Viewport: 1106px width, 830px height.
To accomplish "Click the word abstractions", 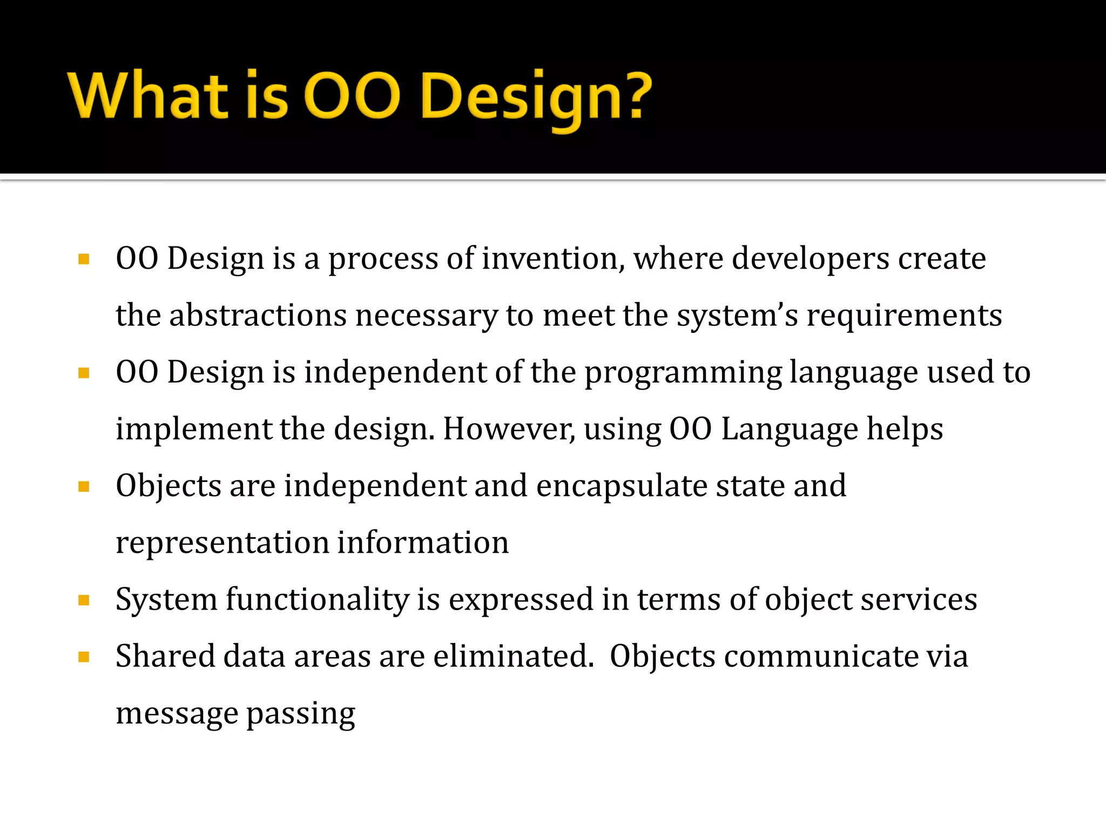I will (258, 315).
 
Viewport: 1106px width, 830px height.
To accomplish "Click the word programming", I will (683, 373).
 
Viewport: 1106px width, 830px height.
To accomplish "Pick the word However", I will (509, 429).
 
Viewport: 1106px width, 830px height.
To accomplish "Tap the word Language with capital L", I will (789, 430).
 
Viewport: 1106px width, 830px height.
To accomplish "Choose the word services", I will (918, 600).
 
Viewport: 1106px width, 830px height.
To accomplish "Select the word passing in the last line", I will (301, 714).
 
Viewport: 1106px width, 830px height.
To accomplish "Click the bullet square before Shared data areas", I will (84, 657).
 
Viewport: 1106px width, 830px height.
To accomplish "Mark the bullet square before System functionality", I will (84, 600).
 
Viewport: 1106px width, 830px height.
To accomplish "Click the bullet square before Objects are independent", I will (84, 487).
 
